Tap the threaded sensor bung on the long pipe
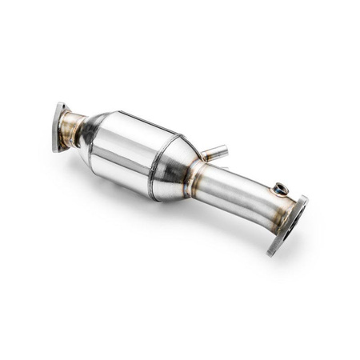tap(279, 189)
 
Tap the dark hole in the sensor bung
tap(280, 189)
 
